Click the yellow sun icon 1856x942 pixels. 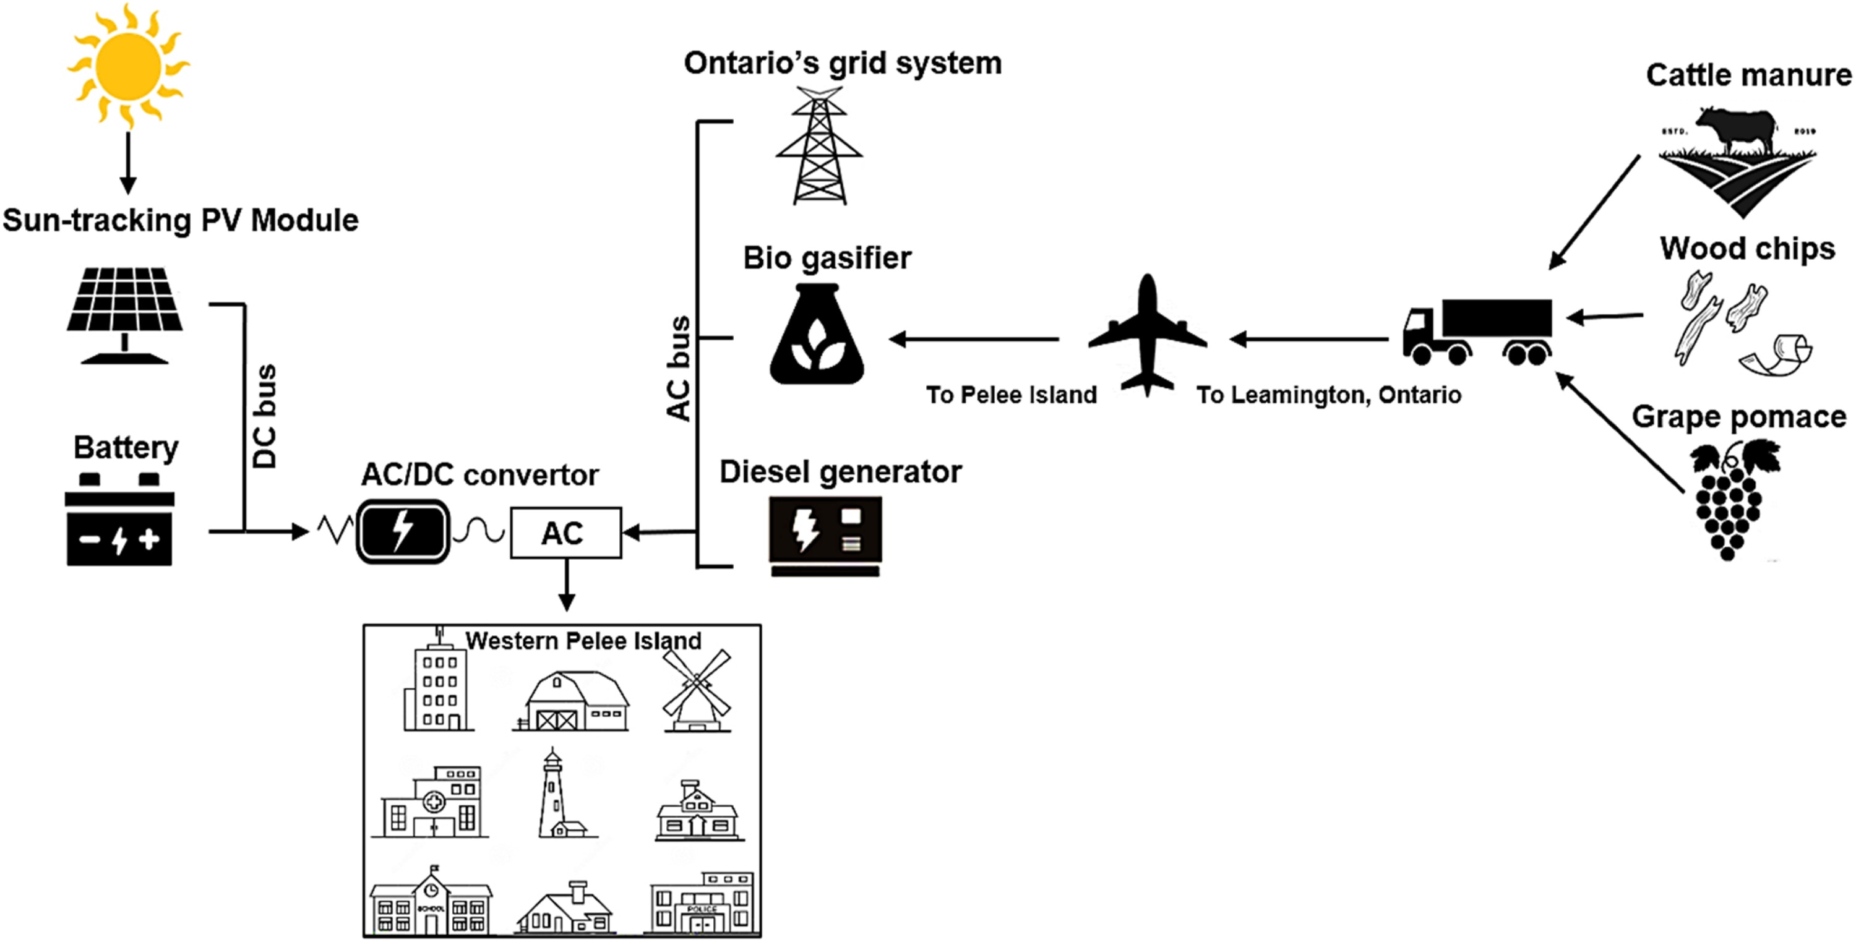tap(128, 65)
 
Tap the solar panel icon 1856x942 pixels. tap(124, 315)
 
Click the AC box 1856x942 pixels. tap(565, 533)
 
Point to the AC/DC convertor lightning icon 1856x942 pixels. tap(403, 531)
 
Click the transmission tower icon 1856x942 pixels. tap(819, 145)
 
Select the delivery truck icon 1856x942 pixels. tap(1477, 332)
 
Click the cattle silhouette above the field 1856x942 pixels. tap(1737, 131)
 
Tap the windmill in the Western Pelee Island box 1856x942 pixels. tap(697, 690)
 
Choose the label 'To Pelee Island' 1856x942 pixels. tap(1012, 395)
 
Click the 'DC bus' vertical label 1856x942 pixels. tap(264, 416)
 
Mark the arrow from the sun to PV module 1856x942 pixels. tap(128, 163)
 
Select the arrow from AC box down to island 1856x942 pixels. tap(567, 584)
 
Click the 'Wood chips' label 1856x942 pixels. tap(1747, 249)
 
